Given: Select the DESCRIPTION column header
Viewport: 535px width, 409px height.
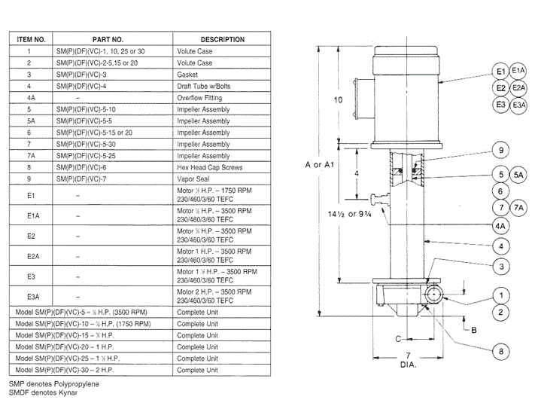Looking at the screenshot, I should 222,39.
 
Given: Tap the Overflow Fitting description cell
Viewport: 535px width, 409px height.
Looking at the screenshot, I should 201,98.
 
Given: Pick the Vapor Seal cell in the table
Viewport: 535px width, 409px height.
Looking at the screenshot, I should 193,179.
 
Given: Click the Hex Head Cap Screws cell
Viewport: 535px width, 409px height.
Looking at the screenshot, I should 211,167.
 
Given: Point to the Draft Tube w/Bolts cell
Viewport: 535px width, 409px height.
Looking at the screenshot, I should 203,87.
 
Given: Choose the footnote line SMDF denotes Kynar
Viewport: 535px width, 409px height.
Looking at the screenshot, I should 43,392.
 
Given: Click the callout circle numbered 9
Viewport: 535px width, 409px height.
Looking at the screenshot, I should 500,148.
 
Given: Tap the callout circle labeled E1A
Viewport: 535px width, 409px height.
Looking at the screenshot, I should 518,71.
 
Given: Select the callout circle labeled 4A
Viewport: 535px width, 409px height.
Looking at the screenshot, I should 500,225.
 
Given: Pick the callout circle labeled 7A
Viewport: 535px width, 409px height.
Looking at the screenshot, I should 518,207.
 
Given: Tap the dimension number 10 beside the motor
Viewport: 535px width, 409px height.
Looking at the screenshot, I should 338,100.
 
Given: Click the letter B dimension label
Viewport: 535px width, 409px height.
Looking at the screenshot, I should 474,330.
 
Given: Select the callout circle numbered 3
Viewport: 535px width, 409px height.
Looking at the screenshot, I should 500,265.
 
